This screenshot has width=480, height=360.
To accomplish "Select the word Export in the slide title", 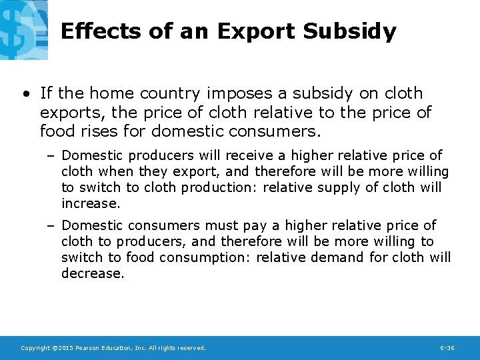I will pyautogui.click(x=256, y=31).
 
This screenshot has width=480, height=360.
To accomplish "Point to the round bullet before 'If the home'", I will pyautogui.click(x=25, y=93).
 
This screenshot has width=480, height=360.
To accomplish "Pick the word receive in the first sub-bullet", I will pyautogui.click(x=255, y=155).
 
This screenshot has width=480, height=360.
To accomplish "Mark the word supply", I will pyautogui.click(x=340, y=187).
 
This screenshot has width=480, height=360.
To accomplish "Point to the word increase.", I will pyautogui.click(x=91, y=203).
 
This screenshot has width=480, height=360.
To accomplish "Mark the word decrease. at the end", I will pyautogui.click(x=93, y=273).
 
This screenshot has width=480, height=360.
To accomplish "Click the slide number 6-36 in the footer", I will pyautogui.click(x=447, y=348).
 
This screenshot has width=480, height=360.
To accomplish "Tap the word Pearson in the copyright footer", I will pyautogui.click(x=89, y=348).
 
